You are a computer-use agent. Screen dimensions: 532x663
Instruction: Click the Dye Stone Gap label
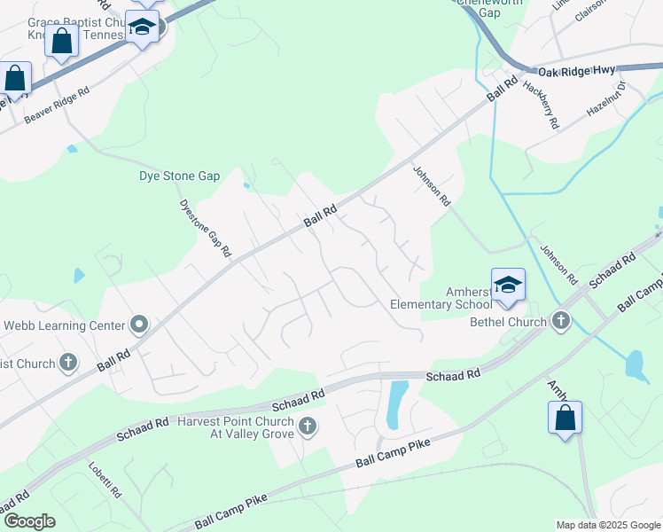(x=179, y=176)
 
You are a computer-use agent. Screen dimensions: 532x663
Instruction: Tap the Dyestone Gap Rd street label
(x=205, y=228)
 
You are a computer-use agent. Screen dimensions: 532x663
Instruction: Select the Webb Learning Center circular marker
(x=138, y=325)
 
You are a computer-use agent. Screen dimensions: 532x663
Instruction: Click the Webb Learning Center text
(x=63, y=325)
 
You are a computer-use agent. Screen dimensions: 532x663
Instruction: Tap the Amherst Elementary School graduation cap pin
(x=508, y=285)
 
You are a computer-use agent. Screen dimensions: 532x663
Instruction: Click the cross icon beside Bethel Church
(x=560, y=321)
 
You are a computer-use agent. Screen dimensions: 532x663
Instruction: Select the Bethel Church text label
(x=507, y=321)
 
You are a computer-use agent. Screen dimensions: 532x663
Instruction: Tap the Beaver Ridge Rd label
(x=58, y=105)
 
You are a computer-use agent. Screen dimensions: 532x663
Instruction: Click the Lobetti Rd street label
(x=105, y=479)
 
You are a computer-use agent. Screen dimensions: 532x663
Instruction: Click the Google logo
(x=28, y=521)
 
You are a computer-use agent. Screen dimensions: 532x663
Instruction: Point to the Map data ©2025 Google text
(x=608, y=525)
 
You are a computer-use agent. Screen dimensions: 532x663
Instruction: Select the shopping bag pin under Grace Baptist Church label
(x=62, y=42)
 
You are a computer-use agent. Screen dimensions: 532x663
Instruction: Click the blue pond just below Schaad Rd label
(x=399, y=403)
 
